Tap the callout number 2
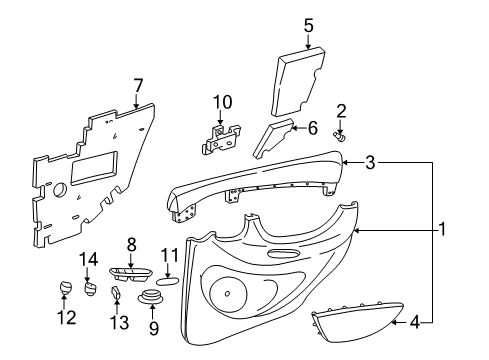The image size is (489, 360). [x=340, y=110]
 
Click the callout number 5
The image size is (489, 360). [x=308, y=24]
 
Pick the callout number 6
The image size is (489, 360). [x=311, y=128]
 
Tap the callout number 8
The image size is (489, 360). [x=131, y=244]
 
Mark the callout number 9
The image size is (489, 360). [x=153, y=326]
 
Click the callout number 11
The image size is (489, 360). [x=169, y=254]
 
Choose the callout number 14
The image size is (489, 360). [x=88, y=258]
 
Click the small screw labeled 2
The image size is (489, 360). [x=342, y=132]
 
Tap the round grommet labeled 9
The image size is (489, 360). [x=154, y=297]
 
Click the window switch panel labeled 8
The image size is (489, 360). [x=131, y=274]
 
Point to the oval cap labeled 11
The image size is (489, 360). [x=169, y=281]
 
